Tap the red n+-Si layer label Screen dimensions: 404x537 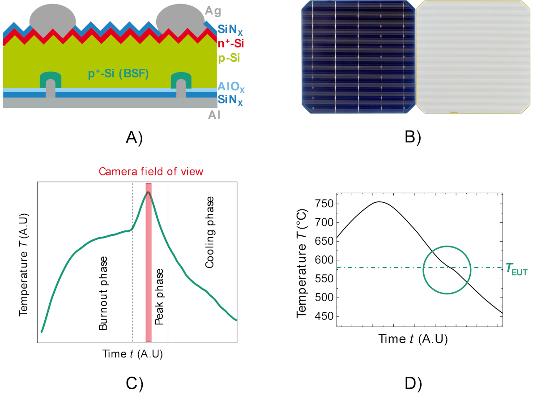[230, 44]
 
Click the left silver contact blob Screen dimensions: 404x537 [52, 21]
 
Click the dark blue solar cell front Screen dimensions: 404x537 [357, 57]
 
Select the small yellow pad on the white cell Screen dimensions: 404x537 [453, 112]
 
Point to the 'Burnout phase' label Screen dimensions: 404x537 [103, 293]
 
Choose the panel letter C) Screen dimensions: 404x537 [134, 383]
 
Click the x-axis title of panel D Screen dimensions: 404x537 [413, 339]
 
